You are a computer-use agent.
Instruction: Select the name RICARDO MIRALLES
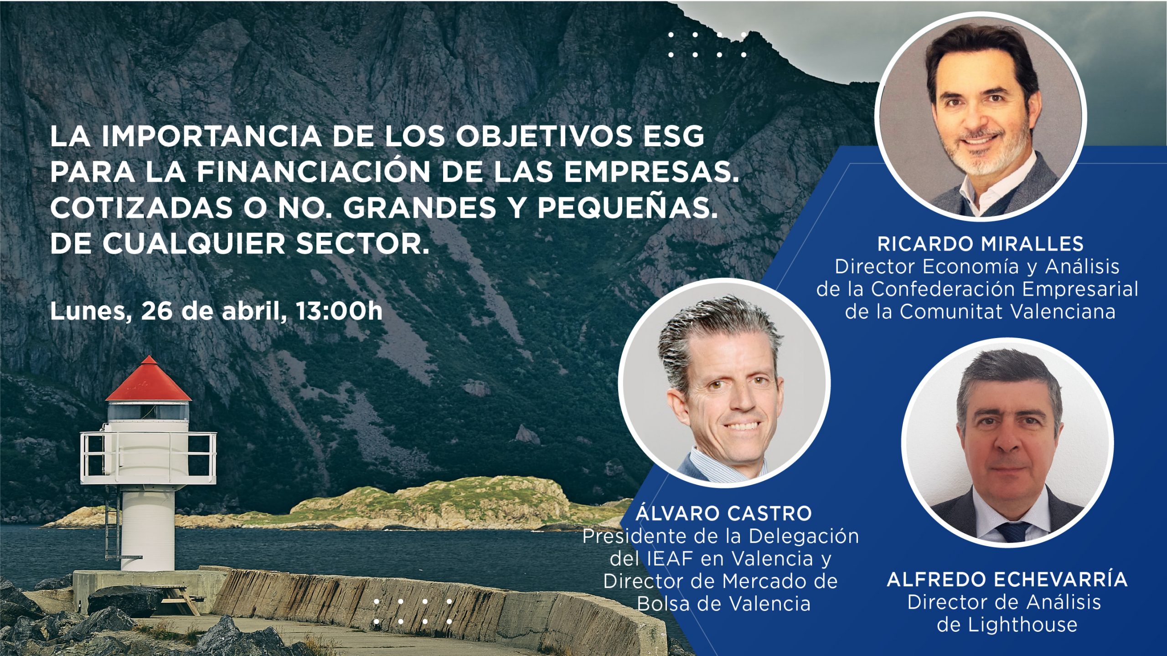(x=981, y=244)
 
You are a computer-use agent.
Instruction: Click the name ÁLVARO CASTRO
(x=724, y=513)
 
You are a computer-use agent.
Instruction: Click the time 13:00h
(x=339, y=311)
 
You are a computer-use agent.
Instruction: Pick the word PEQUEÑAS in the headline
(x=625, y=208)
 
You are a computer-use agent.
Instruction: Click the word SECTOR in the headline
(x=362, y=244)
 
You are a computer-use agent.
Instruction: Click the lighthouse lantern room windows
(x=149, y=411)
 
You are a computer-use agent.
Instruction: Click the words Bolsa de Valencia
(x=723, y=604)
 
